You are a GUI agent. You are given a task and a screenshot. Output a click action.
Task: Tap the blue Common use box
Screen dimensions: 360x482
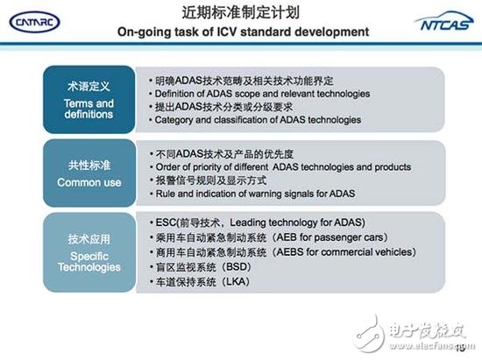pos(91,173)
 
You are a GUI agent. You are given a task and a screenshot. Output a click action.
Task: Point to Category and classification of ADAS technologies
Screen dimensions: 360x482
pos(255,119)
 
